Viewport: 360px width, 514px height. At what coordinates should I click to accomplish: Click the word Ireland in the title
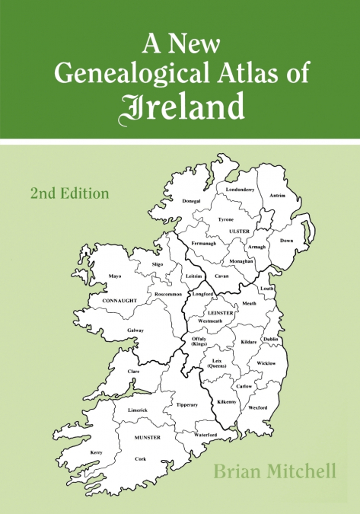[180, 108]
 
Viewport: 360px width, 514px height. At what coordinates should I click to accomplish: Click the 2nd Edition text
[70, 193]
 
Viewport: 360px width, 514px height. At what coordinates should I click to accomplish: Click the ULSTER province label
[240, 230]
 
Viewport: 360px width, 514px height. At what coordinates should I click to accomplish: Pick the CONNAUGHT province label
[119, 301]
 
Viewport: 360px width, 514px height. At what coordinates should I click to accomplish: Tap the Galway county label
[135, 330]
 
